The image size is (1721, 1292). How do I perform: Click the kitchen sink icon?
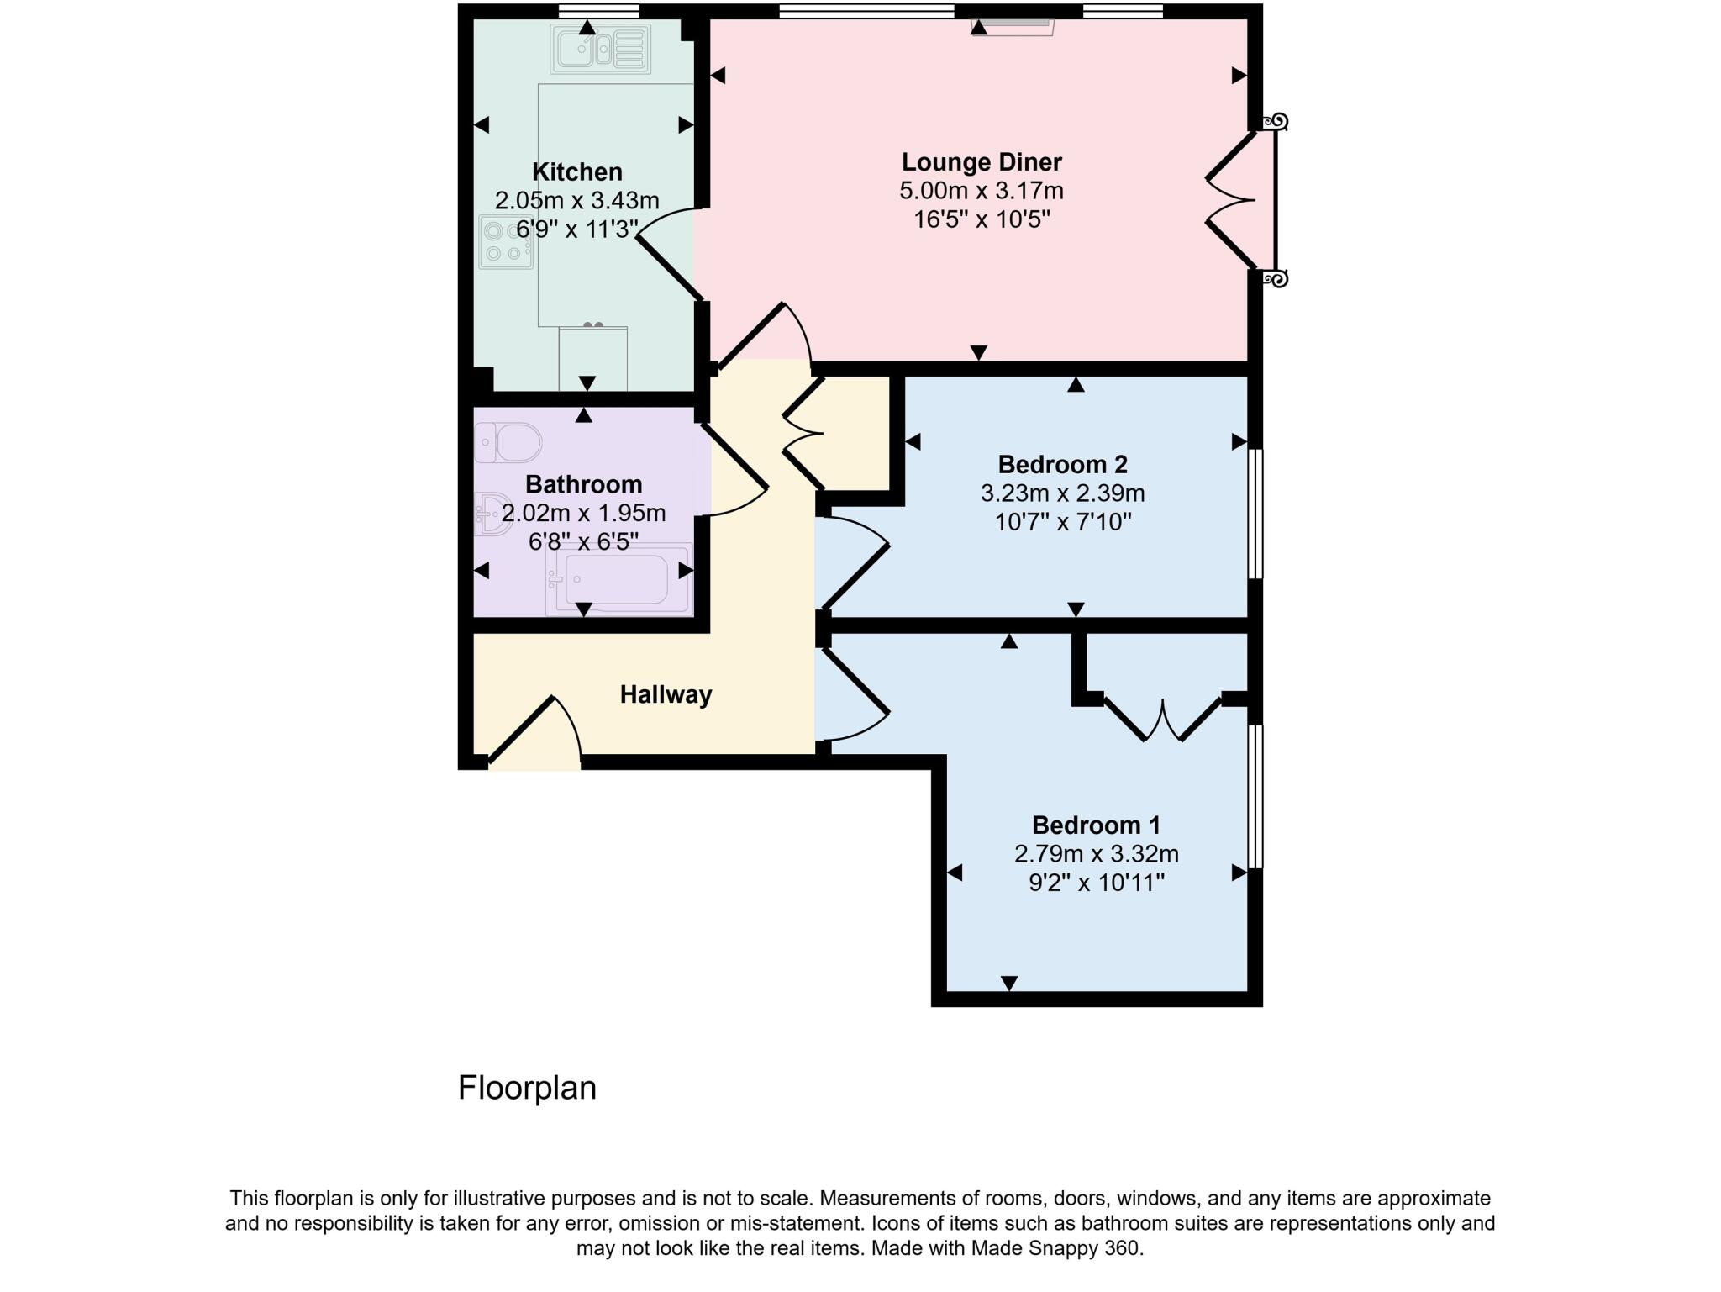[601, 49]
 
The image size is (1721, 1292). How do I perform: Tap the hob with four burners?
[506, 242]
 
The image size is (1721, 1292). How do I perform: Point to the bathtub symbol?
[618, 579]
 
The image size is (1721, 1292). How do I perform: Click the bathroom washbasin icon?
[492, 514]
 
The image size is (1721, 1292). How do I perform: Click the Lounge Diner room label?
[982, 161]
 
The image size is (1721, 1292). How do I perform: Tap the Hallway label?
[666, 694]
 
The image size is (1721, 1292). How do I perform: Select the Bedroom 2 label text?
[1062, 464]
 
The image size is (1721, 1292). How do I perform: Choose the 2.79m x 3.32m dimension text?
[1096, 854]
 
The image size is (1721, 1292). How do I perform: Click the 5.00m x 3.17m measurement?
[982, 191]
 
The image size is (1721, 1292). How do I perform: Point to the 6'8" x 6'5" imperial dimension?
[583, 542]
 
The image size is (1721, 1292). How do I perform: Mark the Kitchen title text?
[577, 171]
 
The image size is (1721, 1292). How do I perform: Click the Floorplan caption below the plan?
[527, 1088]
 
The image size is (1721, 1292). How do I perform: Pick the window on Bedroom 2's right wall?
[1255, 514]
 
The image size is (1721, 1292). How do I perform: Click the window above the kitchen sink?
[598, 11]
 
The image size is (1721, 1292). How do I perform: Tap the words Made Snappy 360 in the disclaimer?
[1056, 1248]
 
